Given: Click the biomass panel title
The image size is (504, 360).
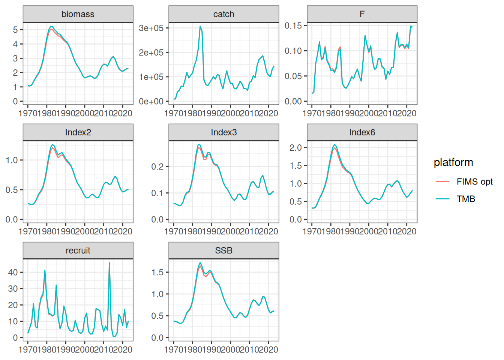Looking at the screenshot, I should pos(78,14).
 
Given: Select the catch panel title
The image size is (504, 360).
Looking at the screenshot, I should pos(223,14).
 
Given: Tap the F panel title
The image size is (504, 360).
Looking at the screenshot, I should pos(362,14).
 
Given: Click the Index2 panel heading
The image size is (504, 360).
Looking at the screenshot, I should pos(78,132).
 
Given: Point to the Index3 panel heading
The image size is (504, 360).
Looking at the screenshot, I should pos(223,132).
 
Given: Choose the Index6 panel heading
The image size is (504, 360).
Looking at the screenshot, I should pos(362,132).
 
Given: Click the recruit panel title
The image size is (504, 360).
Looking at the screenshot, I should pos(78,250).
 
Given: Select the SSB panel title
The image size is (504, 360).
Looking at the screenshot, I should pos(223,250).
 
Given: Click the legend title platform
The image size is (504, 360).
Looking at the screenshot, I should pos(453,162).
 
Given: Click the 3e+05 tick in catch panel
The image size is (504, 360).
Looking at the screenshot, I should pos(151,28).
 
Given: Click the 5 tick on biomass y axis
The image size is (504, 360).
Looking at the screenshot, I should pos(15,30).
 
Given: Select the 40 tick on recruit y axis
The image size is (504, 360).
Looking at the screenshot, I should pos(13,272).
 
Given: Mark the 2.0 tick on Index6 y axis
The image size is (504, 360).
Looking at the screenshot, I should pos(295,148).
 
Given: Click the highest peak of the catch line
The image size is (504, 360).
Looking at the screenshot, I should pos(200,26).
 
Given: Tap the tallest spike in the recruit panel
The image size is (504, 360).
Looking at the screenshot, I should pos(109,262).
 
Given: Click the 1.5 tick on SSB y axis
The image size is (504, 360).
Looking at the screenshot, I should pos(157,272).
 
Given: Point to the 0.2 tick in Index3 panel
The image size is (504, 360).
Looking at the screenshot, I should pos(157,166).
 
